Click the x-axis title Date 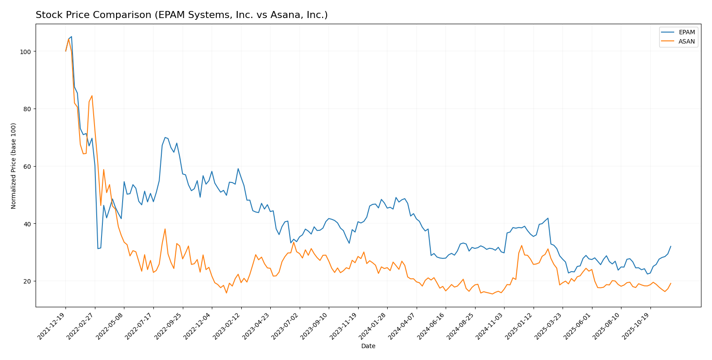tap(368, 346)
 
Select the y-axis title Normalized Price tap(14, 166)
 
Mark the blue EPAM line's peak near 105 tap(71, 37)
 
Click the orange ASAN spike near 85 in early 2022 tap(91, 96)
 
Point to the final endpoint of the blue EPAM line tap(671, 246)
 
